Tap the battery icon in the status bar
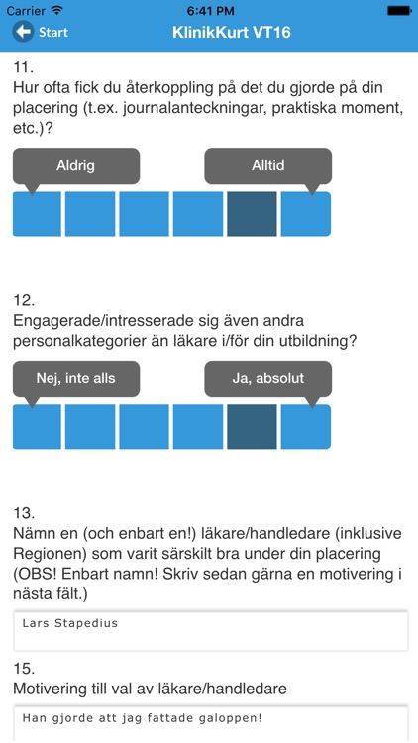[x=398, y=10]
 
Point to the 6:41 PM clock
[x=208, y=10]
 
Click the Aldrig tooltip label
[x=76, y=165]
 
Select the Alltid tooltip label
[x=267, y=165]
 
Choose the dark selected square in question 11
[x=252, y=213]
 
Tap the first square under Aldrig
[x=38, y=213]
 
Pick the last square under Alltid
[x=305, y=213]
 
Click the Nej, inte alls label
[x=76, y=377]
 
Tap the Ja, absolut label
[x=267, y=377]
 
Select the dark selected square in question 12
[x=252, y=426]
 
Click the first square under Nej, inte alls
[x=38, y=426]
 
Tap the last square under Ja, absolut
[x=305, y=426]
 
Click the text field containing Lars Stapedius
[x=210, y=631]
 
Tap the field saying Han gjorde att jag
[x=210, y=721]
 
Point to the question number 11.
[x=24, y=67]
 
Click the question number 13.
[x=24, y=512]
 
